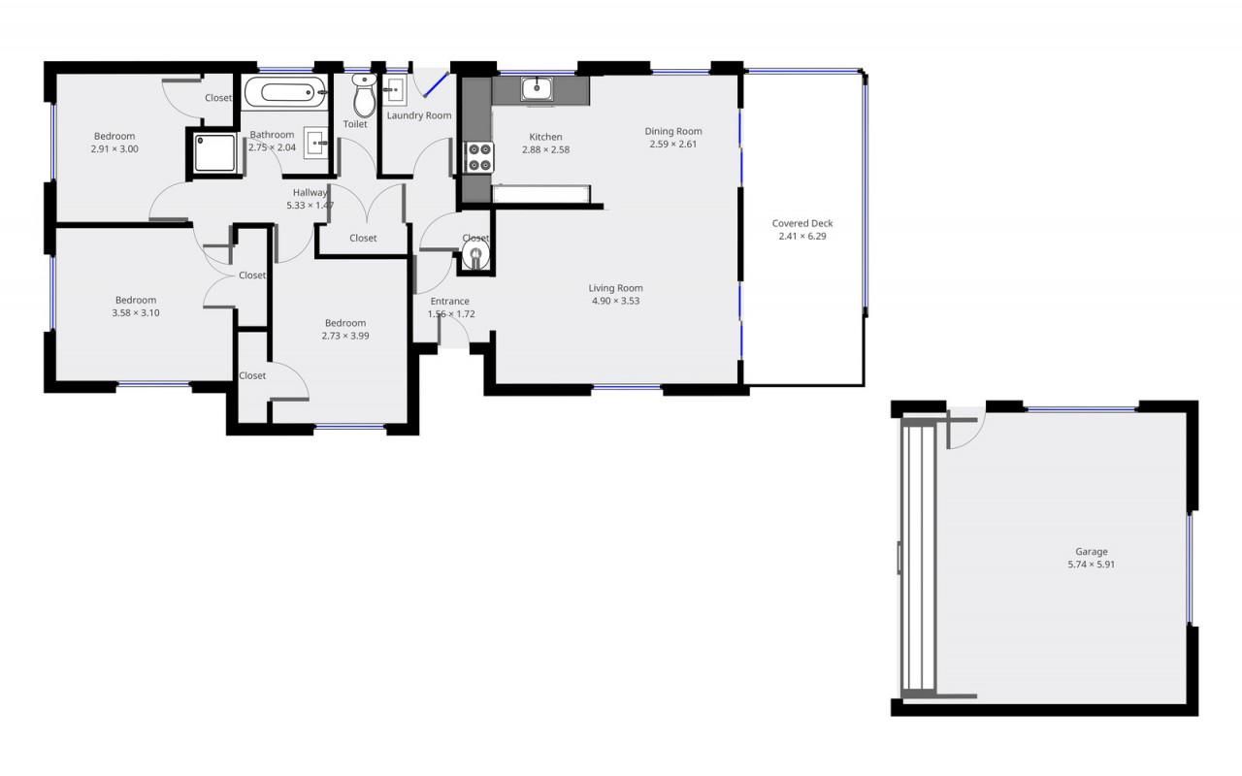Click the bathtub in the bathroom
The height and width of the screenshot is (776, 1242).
pyautogui.click(x=285, y=92)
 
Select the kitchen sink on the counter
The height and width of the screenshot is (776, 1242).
pyautogui.click(x=537, y=88)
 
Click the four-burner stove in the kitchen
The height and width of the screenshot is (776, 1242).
pyautogui.click(x=479, y=157)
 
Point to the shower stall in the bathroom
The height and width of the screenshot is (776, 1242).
pyautogui.click(x=214, y=152)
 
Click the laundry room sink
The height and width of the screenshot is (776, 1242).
pyautogui.click(x=395, y=90)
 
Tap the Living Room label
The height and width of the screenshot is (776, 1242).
pyautogui.click(x=615, y=288)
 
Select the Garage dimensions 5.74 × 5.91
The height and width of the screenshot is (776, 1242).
pyautogui.click(x=1092, y=565)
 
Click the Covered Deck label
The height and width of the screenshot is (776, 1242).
pyautogui.click(x=802, y=223)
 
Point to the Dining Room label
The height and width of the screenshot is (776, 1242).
pyautogui.click(x=673, y=131)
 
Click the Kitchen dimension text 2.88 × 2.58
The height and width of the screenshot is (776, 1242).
pyautogui.click(x=545, y=149)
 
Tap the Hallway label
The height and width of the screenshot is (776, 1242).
pyautogui.click(x=310, y=192)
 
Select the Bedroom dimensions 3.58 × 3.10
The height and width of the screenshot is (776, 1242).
pyautogui.click(x=136, y=312)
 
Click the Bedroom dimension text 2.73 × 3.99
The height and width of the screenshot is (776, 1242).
pyautogui.click(x=345, y=336)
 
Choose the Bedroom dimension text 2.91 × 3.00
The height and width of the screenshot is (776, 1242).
pyautogui.click(x=114, y=148)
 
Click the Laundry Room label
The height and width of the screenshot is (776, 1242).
pyautogui.click(x=419, y=115)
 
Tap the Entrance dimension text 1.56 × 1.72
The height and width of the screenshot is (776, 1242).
pyautogui.click(x=451, y=313)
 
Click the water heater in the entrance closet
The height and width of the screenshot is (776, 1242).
pyautogui.click(x=475, y=255)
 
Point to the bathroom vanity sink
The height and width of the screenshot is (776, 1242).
pyautogui.click(x=315, y=143)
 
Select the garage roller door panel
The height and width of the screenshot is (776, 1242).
pyautogui.click(x=918, y=559)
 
